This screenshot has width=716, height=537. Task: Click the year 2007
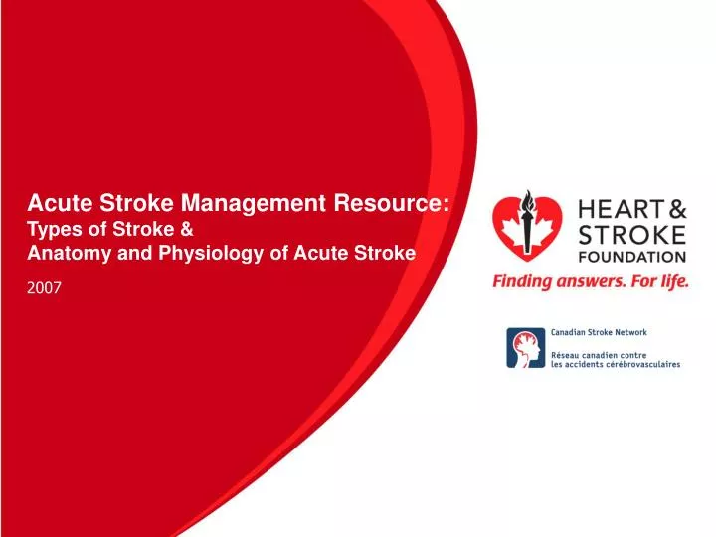tap(44, 289)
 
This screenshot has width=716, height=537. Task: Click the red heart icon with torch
tap(526, 231)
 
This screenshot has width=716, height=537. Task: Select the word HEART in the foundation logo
tap(618, 210)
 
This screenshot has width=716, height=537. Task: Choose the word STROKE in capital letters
tap(630, 236)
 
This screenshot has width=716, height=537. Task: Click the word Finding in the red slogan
tap(520, 281)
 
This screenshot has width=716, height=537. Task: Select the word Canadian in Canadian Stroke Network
tap(571, 335)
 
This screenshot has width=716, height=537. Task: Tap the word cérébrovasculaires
tap(644, 364)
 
